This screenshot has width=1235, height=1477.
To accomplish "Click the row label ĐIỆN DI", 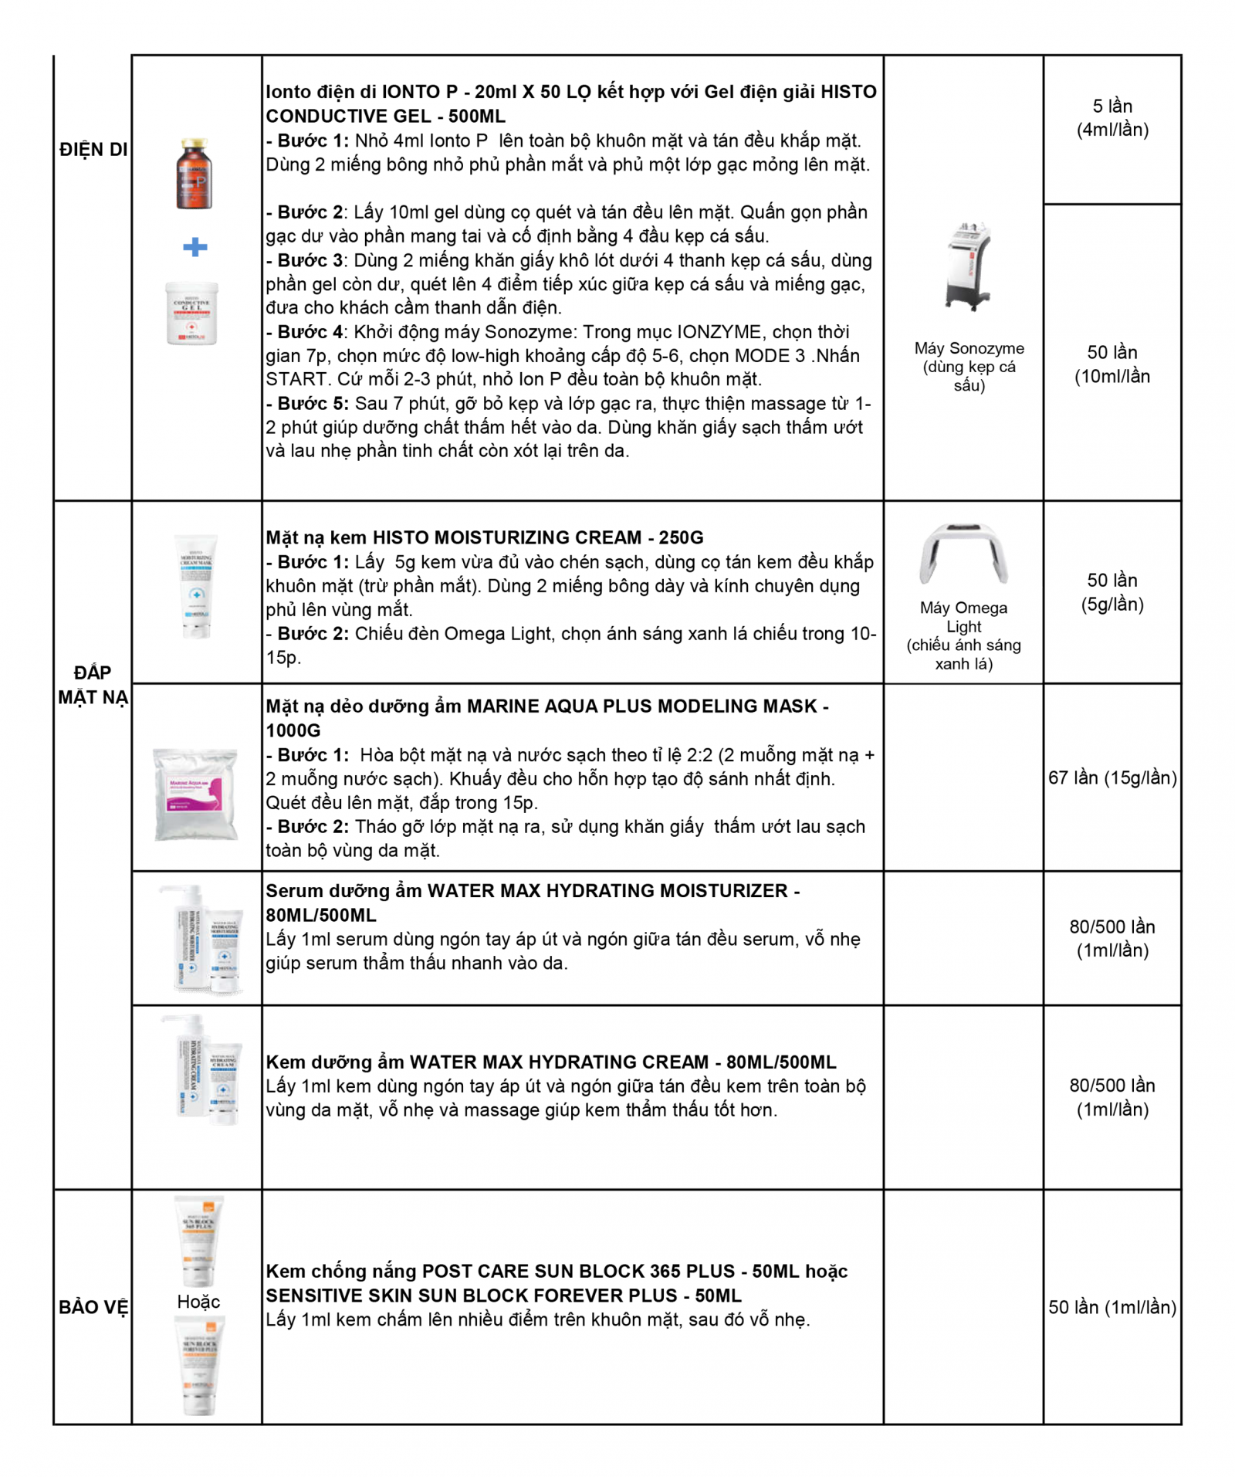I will click(x=93, y=149).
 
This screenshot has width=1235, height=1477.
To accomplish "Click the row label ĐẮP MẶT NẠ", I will click(x=93, y=685).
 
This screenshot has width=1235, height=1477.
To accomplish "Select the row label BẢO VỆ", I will click(x=93, y=1307).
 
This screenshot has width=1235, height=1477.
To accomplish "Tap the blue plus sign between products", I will click(x=195, y=247).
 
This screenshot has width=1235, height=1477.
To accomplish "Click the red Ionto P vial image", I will click(x=193, y=174).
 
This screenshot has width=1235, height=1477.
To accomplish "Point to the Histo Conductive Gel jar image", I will click(x=192, y=313).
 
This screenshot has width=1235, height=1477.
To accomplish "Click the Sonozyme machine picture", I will click(x=968, y=266).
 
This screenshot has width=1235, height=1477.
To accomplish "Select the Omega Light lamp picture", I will click(x=963, y=554).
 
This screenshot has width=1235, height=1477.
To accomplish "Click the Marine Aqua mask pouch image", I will click(x=196, y=793).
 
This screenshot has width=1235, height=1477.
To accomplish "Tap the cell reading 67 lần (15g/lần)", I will click(x=1111, y=777).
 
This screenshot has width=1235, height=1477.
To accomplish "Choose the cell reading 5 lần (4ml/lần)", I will click(x=1111, y=117).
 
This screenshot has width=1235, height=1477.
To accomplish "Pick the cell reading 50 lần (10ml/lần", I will click(x=1111, y=364).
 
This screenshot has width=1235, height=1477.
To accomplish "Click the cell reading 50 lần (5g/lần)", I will click(x=1111, y=592).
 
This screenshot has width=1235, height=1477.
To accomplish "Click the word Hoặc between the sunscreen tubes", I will click(x=198, y=1302).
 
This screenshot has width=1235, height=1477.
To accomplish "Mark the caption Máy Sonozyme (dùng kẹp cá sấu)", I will click(x=969, y=367).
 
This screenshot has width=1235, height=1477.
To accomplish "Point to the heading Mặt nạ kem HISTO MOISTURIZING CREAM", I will click(x=485, y=537).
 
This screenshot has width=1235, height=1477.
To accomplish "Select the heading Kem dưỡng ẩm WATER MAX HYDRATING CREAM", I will click(x=551, y=1062).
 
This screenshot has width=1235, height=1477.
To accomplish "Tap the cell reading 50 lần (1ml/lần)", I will click(x=1111, y=1307).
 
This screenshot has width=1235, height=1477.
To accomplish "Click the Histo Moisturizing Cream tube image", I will click(x=196, y=587).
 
